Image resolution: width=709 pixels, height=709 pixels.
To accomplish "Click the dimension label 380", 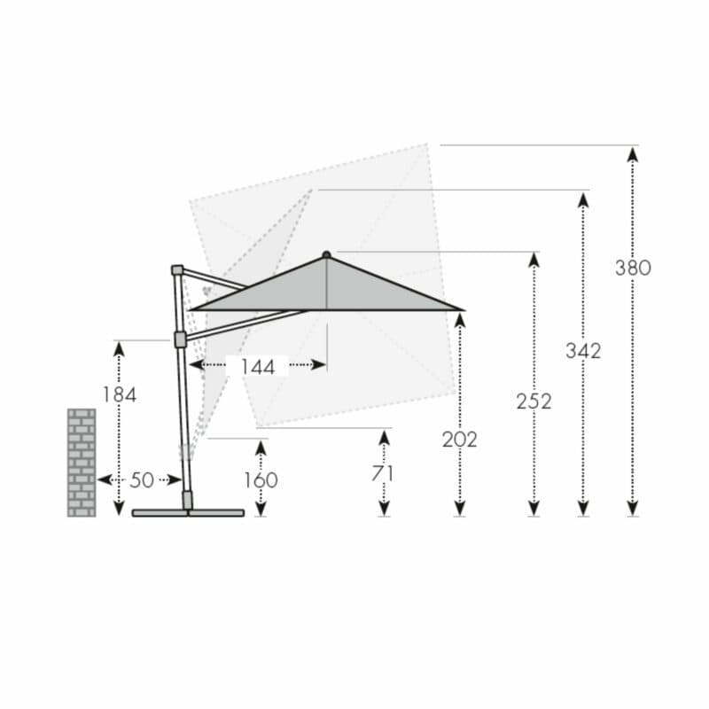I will pyautogui.click(x=633, y=268).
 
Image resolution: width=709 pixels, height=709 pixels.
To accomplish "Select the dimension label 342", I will pyautogui.click(x=583, y=351).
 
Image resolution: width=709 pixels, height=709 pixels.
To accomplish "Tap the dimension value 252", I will pyautogui.click(x=534, y=401).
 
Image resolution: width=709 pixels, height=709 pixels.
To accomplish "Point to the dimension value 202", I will pyautogui.click(x=459, y=439).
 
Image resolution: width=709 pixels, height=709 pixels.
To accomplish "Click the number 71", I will pyautogui.click(x=383, y=473).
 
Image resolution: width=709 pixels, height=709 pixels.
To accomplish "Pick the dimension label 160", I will pyautogui.click(x=261, y=479).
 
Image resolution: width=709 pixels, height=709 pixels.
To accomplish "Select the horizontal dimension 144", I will pyautogui.click(x=257, y=366).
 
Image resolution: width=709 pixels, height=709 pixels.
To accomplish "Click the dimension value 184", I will pyautogui.click(x=119, y=394).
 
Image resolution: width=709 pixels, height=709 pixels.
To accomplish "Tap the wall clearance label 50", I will pyautogui.click(x=142, y=480).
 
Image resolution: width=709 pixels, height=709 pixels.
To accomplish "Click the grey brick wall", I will pyautogui.click(x=82, y=462).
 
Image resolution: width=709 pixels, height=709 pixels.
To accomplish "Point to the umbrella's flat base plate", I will pyautogui.click(x=188, y=512).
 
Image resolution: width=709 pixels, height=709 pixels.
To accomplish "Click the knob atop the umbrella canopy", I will pyautogui.click(x=326, y=254).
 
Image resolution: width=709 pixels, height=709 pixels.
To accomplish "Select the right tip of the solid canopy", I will pyautogui.click(x=461, y=309).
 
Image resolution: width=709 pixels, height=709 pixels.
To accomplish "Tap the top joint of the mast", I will pyautogui.click(x=177, y=269).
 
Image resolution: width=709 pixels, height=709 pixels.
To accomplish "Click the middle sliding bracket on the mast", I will pyautogui.click(x=181, y=339).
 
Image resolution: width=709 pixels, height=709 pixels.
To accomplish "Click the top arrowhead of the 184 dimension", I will pyautogui.click(x=119, y=348).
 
